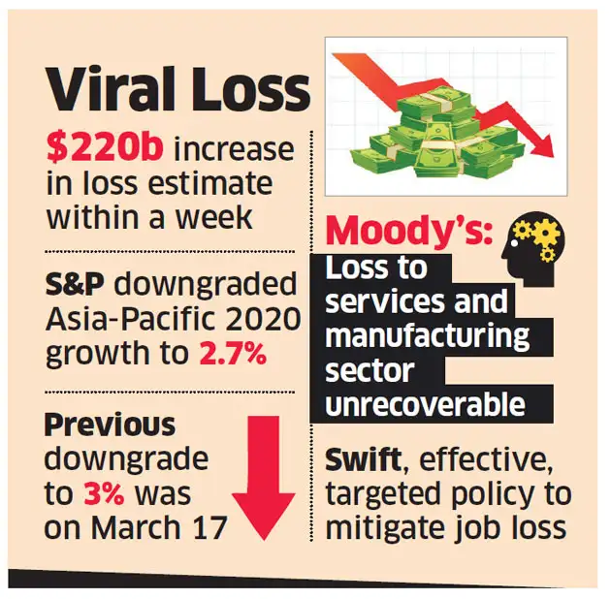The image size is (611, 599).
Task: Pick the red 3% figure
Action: (x=102, y=492)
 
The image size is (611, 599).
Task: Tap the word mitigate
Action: (x=382, y=529)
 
